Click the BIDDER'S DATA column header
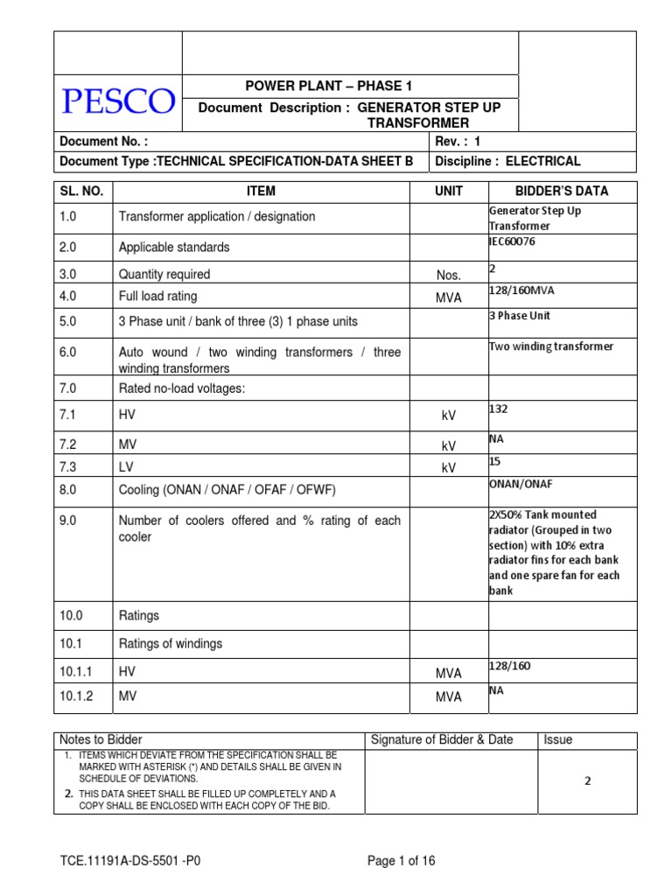(562, 191)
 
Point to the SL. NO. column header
(83, 191)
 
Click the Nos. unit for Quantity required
(448, 275)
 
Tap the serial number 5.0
(68, 321)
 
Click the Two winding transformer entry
(550, 346)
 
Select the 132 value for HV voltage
(498, 408)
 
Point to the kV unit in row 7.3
(449, 468)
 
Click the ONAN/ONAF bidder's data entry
(521, 484)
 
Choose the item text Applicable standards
(174, 248)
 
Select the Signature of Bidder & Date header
(442, 739)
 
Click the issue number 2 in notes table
(587, 781)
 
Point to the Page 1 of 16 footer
(401, 861)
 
